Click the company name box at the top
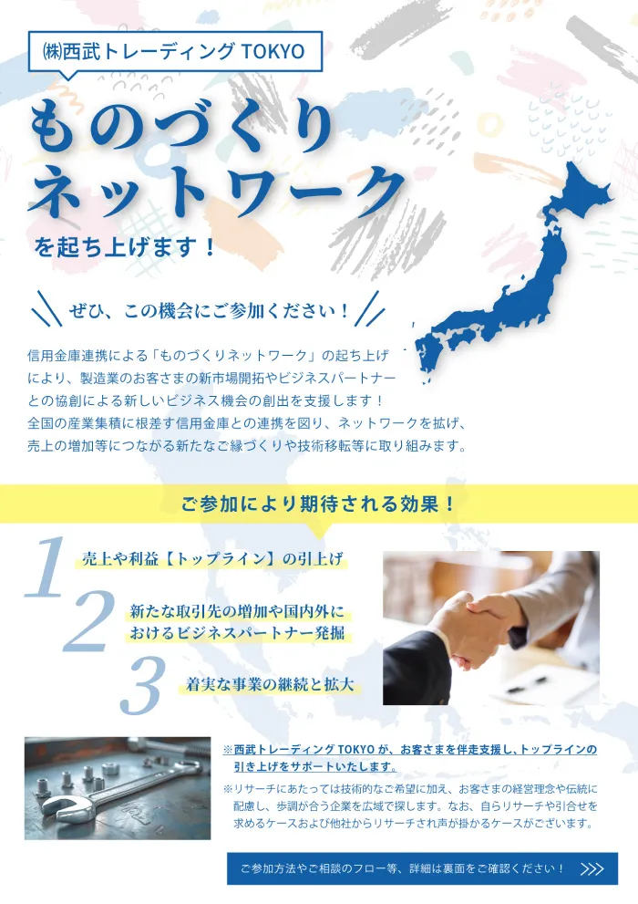176,51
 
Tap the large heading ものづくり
181,127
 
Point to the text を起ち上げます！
125,246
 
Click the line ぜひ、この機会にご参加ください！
209,311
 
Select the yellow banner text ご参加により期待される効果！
318,504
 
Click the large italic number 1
46,567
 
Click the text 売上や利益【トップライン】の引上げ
213,559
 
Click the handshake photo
490,628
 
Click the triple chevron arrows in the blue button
592,868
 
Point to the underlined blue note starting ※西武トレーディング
410,757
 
